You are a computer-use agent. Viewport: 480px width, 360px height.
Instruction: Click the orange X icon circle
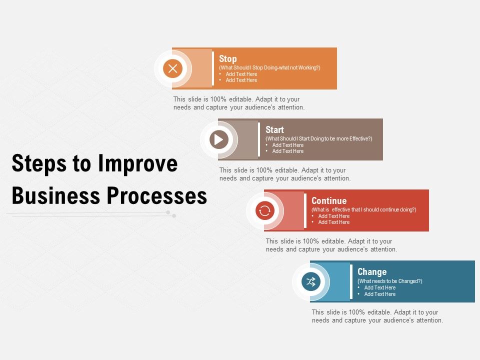point(173,68)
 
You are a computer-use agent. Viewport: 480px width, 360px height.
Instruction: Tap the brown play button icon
point(219,139)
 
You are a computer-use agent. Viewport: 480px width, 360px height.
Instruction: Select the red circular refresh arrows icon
point(265,210)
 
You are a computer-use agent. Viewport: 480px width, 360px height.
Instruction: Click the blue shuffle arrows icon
point(311,281)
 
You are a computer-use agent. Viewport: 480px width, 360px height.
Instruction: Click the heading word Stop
point(228,58)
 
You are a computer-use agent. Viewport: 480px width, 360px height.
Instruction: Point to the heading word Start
point(274,129)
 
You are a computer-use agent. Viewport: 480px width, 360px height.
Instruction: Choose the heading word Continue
point(329,201)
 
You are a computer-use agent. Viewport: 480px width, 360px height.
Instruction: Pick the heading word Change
point(372,272)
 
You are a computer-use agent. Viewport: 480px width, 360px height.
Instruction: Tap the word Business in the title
point(46,196)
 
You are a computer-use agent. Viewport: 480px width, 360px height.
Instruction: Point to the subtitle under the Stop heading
point(269,67)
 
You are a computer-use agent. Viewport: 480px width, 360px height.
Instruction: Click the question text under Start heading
point(319,138)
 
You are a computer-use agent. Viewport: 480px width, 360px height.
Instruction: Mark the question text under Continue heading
point(363,209)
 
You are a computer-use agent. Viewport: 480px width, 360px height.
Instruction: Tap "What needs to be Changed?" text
point(390,281)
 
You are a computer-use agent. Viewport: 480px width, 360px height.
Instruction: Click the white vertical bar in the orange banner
point(213,68)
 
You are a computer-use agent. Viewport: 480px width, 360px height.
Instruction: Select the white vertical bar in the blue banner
point(351,281)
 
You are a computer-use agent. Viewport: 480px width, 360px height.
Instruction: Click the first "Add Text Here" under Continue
point(334,216)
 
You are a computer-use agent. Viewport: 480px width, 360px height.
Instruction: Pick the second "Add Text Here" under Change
point(380,294)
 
